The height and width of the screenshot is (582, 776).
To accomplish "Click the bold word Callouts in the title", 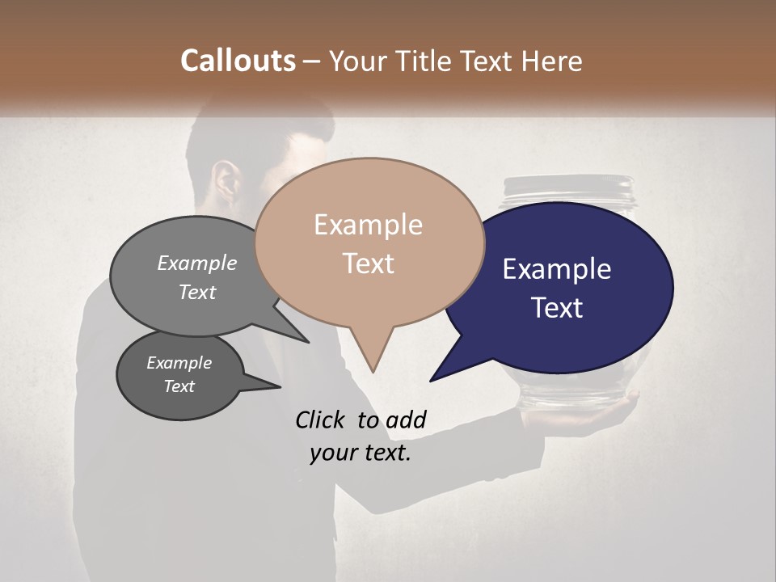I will tap(238, 61).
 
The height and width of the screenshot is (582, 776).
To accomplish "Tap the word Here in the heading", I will tap(554, 61).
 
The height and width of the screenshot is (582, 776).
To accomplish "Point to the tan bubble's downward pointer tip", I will tap(373, 371).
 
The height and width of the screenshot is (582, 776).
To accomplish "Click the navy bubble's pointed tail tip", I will tap(431, 380).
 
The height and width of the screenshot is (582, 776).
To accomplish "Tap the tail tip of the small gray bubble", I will tap(280, 386).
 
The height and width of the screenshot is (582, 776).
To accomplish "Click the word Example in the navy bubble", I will tap(556, 269).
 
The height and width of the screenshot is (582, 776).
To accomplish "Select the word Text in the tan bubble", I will tap(369, 264).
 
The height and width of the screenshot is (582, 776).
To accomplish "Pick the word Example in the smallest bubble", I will tap(179, 363).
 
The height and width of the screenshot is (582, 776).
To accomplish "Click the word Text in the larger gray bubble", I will tap(197, 292).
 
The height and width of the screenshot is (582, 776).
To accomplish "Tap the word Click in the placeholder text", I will tap(322, 420).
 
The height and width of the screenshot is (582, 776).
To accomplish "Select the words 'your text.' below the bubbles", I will tap(361, 453).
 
